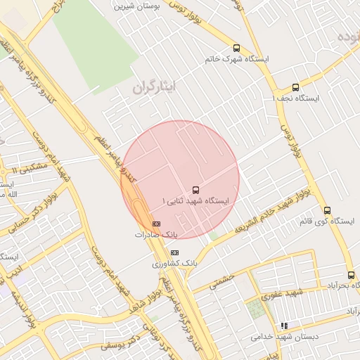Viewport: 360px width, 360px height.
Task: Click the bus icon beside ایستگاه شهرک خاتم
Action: pos(236,49)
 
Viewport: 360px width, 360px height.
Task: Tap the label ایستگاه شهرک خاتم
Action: pos(236,59)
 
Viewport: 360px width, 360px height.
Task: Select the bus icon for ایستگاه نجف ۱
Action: pos(295,88)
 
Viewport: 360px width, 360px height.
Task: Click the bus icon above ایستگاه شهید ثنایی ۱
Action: pos(195,190)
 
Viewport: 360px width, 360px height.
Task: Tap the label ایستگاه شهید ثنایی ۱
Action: pos(195,201)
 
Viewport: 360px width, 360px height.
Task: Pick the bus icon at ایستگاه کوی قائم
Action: pos(327,210)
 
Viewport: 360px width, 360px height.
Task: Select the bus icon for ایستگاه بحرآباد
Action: pos(351,275)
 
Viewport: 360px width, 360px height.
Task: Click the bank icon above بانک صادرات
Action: pos(155,224)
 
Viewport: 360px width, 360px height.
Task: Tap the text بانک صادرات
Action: pos(156,234)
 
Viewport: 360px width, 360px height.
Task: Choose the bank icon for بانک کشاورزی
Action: pos(174,252)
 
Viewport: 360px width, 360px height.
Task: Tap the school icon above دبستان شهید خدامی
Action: pos(284,326)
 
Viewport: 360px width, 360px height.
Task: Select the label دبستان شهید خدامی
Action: pos(285,337)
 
